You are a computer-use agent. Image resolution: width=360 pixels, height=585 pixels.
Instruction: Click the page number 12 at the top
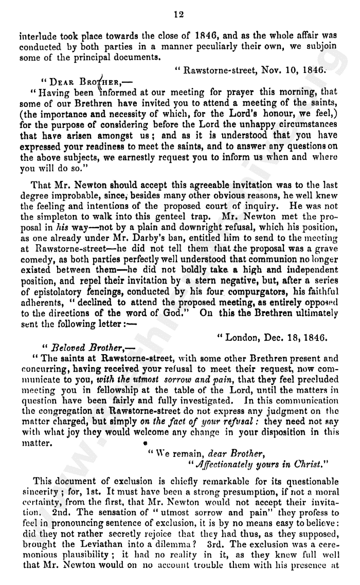[x=179, y=14]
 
